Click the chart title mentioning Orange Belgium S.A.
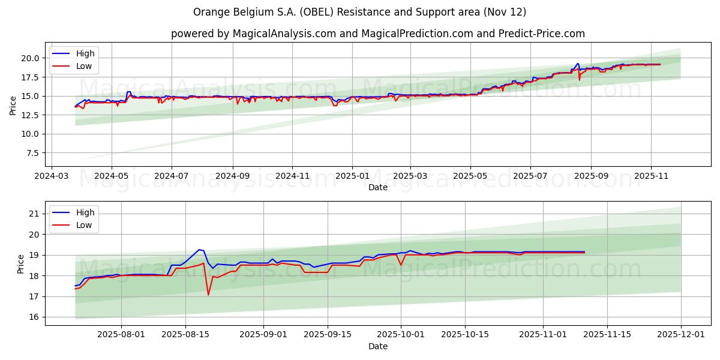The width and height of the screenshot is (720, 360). [359, 12]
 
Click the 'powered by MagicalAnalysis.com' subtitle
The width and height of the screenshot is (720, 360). [377, 34]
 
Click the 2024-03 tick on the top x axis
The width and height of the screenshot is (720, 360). [51, 177]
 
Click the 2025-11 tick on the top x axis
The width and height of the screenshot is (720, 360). [651, 177]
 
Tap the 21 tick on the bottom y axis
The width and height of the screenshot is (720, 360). [34, 214]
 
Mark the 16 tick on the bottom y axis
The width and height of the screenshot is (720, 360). [34, 317]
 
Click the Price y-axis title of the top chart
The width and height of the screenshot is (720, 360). [13, 106]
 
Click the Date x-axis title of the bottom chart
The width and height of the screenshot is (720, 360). [377, 347]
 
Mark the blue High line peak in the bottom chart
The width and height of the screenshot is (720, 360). [199, 250]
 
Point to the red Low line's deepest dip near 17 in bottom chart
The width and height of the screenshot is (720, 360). [208, 295]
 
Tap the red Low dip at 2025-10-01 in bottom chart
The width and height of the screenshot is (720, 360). [401, 265]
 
